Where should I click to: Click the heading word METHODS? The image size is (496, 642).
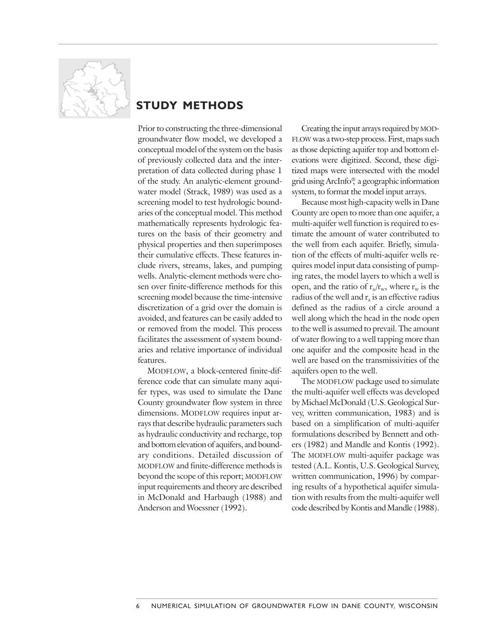point(213,106)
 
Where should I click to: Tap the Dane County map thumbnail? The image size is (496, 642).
point(94,88)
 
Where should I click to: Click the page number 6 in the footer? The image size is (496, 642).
point(138,606)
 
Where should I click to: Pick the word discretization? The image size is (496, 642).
point(161,308)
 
